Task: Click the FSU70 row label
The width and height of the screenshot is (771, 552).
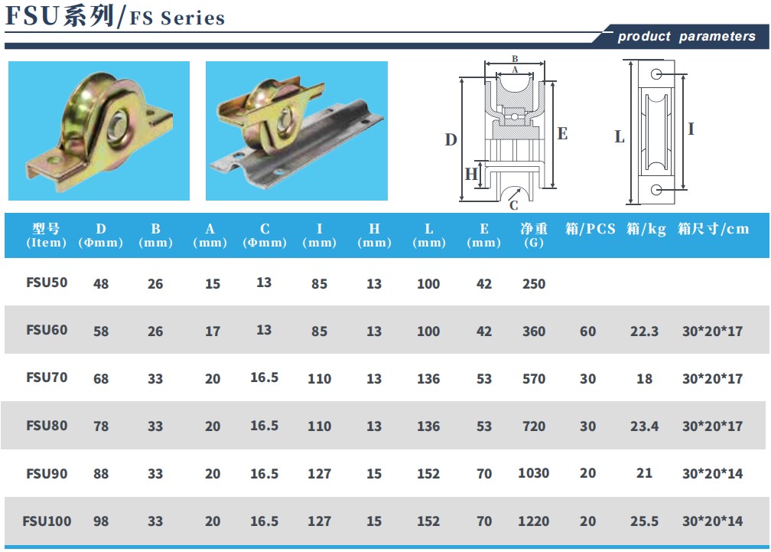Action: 47,377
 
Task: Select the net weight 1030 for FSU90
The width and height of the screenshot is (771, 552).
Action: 534,473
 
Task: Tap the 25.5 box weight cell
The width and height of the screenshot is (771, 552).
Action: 644,521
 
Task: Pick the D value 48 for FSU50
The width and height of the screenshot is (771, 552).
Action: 101,283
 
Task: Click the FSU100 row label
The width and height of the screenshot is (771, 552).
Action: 47,521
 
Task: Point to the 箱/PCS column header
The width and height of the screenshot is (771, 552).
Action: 590,229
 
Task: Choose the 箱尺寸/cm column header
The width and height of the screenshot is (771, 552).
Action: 713,229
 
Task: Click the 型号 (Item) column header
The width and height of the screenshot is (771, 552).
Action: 46,235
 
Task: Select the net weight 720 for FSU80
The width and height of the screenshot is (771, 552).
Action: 534,426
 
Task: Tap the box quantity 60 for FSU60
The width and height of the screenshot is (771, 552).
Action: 587,331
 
